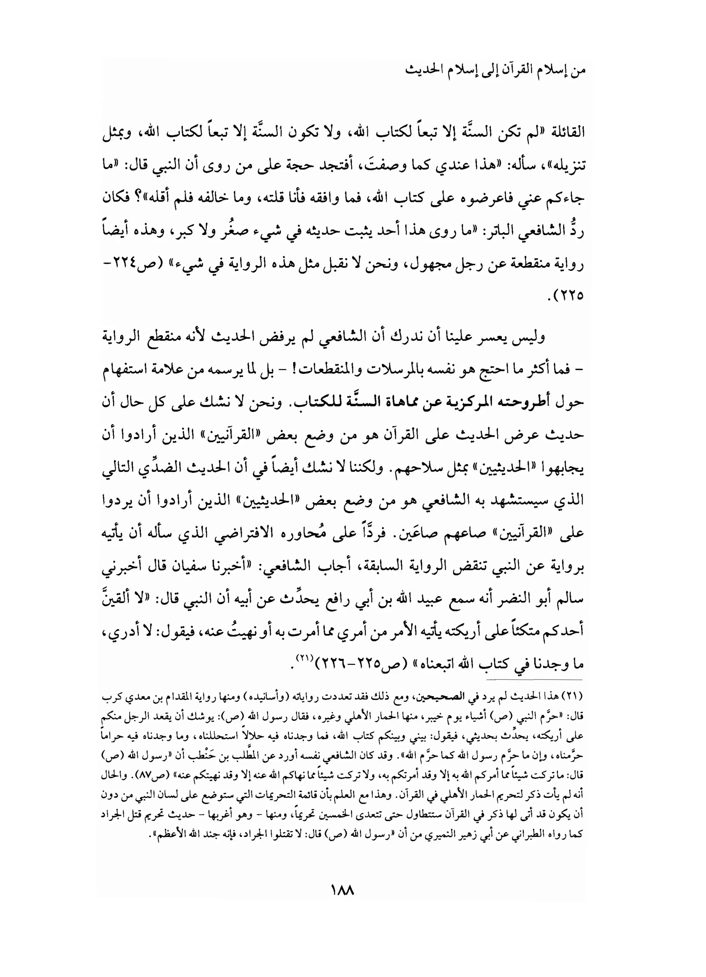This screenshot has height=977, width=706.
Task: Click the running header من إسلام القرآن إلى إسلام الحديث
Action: pos(495,71)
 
